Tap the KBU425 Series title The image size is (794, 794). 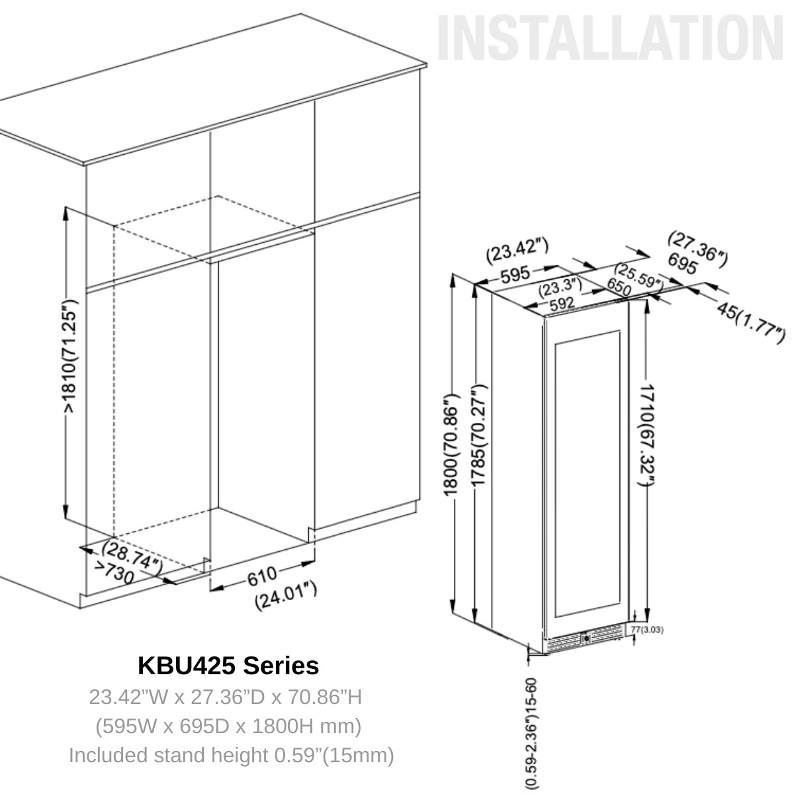pyautogui.click(x=228, y=665)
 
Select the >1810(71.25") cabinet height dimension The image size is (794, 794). pyautogui.click(x=71, y=357)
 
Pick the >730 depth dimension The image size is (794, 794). pyautogui.click(x=114, y=572)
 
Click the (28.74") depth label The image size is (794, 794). pyautogui.click(x=132, y=554)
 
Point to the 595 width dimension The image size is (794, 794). pyautogui.click(x=513, y=275)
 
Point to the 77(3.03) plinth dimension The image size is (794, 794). pyautogui.click(x=647, y=630)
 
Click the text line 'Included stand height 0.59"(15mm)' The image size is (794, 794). pyautogui.click(x=231, y=755)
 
